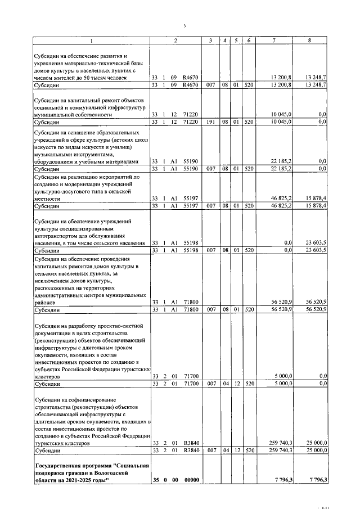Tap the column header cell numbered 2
(x=176, y=40)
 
